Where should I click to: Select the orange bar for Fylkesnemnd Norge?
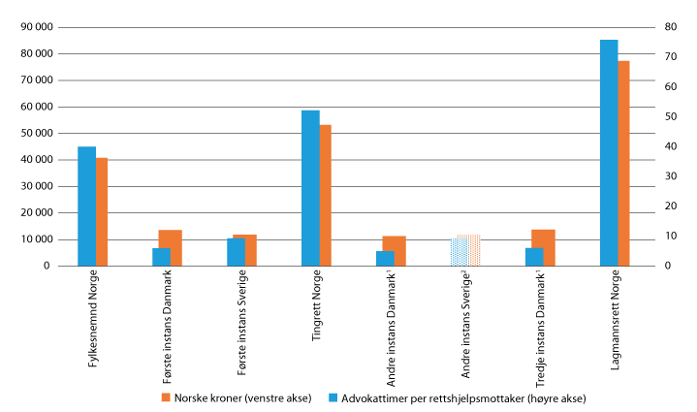coord(102,211)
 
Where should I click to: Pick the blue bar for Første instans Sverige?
coord(236,252)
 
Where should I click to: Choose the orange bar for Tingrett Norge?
coord(326,195)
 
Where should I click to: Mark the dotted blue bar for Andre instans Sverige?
coord(459,251)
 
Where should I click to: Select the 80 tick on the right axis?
coord(670,27)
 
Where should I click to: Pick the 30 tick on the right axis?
coord(670,176)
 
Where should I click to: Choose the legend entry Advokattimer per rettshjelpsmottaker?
coord(455,397)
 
